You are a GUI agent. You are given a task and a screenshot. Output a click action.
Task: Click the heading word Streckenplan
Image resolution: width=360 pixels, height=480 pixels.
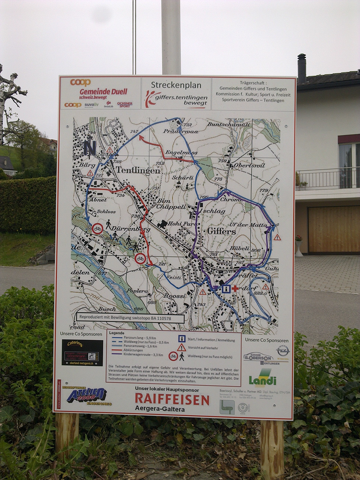click(176, 85)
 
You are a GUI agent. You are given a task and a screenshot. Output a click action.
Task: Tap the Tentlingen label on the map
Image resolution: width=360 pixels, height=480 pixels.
click(138, 170)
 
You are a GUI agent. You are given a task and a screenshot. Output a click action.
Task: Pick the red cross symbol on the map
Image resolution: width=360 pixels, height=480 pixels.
click(235, 288)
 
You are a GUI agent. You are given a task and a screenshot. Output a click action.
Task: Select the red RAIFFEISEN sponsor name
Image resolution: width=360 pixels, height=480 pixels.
click(172, 399)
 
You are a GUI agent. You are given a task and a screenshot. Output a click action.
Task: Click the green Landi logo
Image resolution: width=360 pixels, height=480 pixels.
click(262, 378)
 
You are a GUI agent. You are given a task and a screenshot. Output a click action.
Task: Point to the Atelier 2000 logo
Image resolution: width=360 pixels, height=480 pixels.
click(86, 395)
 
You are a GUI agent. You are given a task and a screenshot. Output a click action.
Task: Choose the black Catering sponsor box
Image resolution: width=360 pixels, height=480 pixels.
click(82, 352)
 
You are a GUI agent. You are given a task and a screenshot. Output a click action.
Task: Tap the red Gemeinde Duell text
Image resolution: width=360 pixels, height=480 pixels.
click(103, 92)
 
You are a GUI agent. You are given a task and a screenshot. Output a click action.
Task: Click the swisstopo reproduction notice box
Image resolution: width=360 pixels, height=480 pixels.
click(130, 318)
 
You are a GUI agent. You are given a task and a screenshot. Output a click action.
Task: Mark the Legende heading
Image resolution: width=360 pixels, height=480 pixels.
click(116, 333)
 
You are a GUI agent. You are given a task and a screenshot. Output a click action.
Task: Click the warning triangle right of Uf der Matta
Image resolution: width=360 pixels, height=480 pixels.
click(277, 237)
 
